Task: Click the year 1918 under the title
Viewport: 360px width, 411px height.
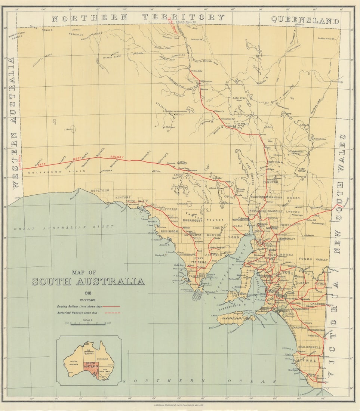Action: click(x=88, y=293)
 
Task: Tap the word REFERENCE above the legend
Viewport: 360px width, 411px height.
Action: click(x=88, y=300)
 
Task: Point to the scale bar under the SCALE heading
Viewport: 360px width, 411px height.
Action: click(x=88, y=324)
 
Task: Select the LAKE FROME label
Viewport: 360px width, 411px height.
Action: click(x=301, y=170)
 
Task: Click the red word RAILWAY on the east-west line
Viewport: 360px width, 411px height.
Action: click(x=117, y=157)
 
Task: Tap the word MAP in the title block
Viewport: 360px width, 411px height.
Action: click(x=88, y=273)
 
